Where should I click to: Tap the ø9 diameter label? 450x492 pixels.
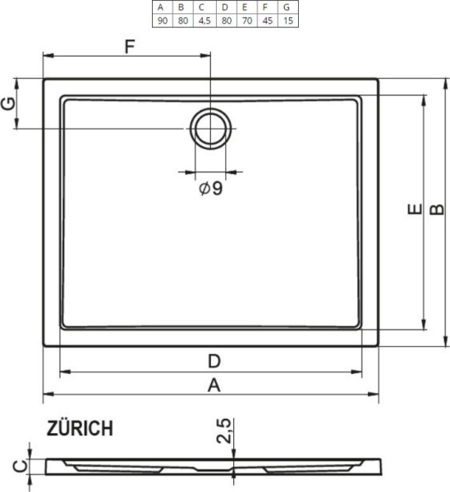[210, 189]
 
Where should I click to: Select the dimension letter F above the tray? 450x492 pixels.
[130, 46]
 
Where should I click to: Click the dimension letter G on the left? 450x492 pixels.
[9, 104]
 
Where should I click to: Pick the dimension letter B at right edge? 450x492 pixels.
[438, 211]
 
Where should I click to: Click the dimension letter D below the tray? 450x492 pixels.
[212, 361]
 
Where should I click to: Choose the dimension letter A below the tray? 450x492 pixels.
[213, 385]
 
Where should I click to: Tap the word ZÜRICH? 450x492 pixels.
[80, 429]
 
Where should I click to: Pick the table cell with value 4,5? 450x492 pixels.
[202, 20]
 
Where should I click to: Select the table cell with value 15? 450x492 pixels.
[286, 20]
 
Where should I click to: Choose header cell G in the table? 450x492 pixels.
[286, 7]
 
